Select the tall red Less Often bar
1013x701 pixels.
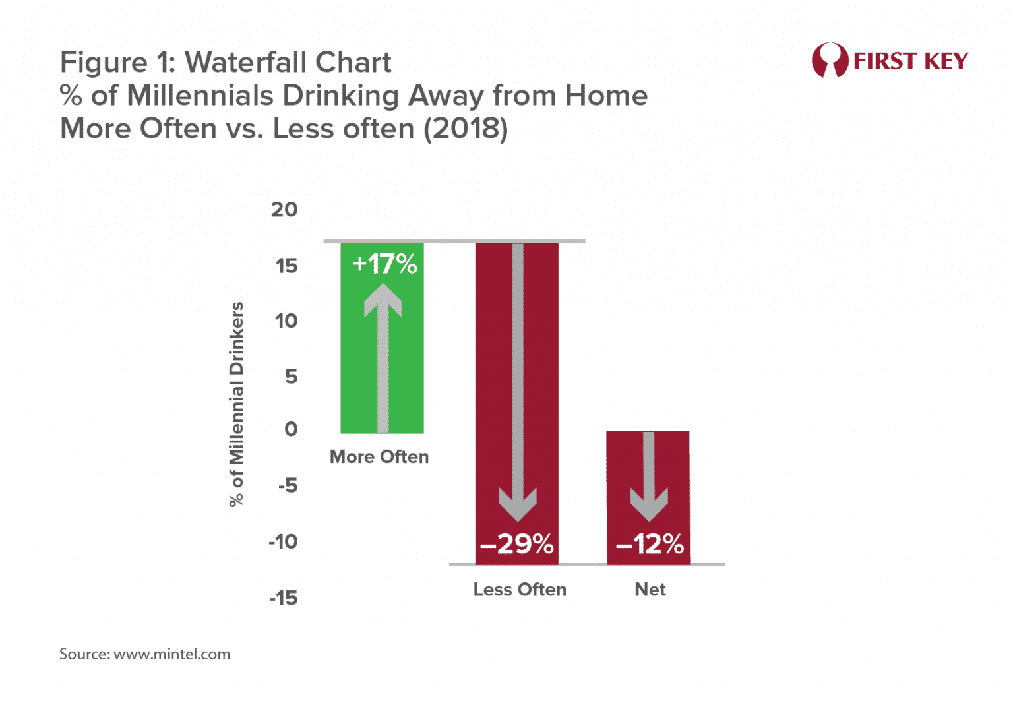(495, 396)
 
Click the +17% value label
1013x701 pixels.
(384, 264)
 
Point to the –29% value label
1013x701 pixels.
(517, 545)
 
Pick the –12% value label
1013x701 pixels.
(650, 545)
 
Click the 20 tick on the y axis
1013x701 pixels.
(284, 210)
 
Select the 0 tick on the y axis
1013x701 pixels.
(291, 429)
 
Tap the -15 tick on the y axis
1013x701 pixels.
(284, 598)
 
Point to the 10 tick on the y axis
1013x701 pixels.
(286, 321)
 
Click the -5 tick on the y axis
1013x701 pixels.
(288, 486)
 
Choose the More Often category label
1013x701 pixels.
(379, 457)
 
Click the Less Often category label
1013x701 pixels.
(520, 590)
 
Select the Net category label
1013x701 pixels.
(650, 590)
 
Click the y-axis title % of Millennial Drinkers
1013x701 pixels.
(236, 404)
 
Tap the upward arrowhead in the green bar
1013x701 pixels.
(383, 301)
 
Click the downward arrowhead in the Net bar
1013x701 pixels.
(649, 504)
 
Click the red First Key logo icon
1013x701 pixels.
(830, 61)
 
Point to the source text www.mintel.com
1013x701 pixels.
(172, 654)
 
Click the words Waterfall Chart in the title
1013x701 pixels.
(288, 63)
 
